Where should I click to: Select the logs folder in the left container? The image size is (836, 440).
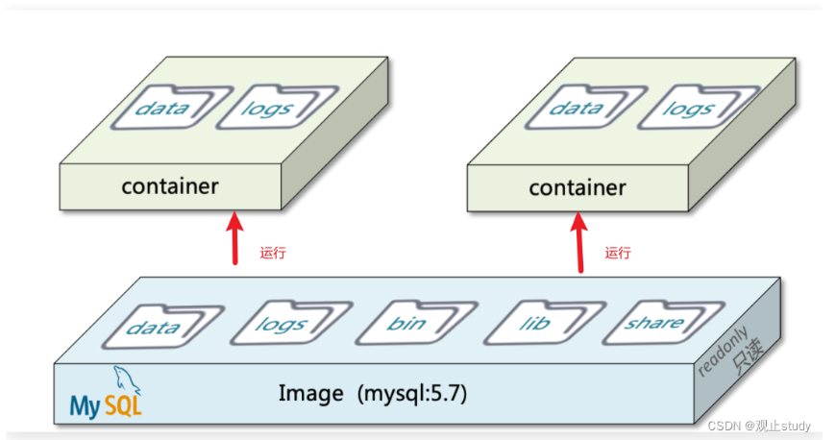tap(277, 108)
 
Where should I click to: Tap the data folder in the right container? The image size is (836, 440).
tap(585, 108)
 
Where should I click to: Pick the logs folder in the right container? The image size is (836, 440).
tap(698, 108)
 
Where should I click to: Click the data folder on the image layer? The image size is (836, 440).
tap(162, 326)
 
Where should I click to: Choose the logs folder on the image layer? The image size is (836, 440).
tap(291, 323)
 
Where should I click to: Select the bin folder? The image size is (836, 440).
tap(416, 323)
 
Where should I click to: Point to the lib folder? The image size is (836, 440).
tap(544, 323)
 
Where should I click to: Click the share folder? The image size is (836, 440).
tap(664, 323)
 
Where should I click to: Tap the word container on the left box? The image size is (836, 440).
tap(170, 186)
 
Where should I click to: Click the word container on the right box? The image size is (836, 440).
tap(578, 187)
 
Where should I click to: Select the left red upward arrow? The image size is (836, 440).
tap(234, 238)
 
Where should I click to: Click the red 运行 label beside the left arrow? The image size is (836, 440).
tap(273, 253)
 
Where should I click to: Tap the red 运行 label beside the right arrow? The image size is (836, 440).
tap(618, 253)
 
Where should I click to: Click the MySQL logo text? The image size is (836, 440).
tap(106, 406)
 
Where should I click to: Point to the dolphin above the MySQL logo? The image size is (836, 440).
tap(126, 380)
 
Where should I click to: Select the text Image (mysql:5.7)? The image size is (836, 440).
tap(373, 394)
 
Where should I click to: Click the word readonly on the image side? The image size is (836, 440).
tap(723, 351)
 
